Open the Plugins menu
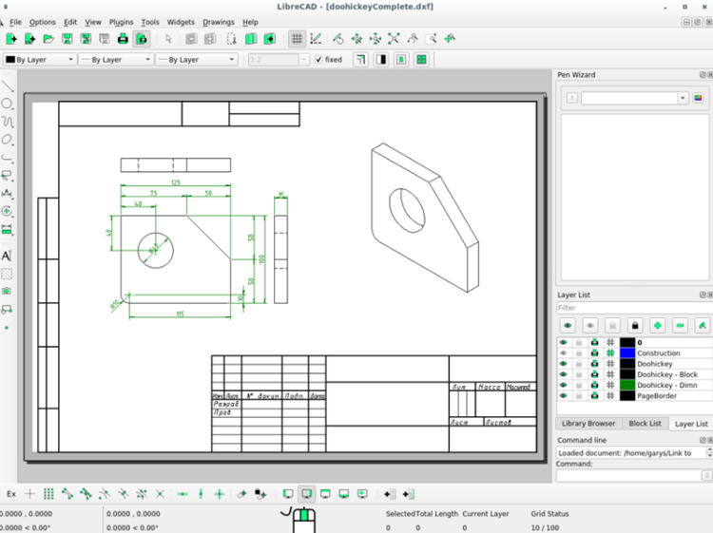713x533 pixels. (x=121, y=22)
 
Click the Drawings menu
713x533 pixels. (x=218, y=22)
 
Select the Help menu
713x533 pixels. (x=250, y=22)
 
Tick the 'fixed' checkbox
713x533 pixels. (x=318, y=59)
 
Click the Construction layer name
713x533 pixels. (x=658, y=353)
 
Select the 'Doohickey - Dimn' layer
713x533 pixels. (x=666, y=385)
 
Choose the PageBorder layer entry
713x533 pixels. (x=658, y=395)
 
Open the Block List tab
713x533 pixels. (x=645, y=424)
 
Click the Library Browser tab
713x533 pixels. (x=588, y=424)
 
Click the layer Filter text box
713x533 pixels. (x=632, y=308)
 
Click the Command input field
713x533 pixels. (x=632, y=474)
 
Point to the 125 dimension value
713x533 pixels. (x=176, y=182)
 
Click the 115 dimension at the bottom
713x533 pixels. (x=179, y=314)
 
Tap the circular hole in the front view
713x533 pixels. (x=155, y=249)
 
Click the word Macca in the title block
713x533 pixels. (x=489, y=388)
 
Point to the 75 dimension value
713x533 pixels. (x=152, y=193)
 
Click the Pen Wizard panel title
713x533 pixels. (x=576, y=74)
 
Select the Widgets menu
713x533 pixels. (x=180, y=22)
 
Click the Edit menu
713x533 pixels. (x=70, y=22)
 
